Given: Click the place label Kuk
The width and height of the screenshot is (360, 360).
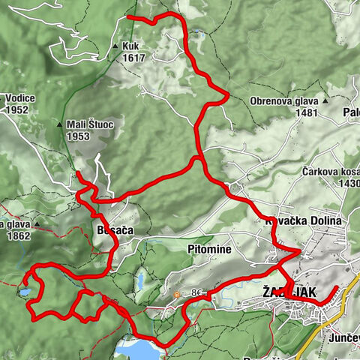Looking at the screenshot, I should [132, 46].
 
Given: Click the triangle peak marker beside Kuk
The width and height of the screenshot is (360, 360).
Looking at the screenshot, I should [115, 46].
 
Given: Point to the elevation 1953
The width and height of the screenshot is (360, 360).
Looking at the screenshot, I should [77, 136].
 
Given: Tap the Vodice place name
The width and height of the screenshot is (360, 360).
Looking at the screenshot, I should [19, 97].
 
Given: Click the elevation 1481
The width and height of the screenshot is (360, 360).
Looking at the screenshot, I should [307, 112].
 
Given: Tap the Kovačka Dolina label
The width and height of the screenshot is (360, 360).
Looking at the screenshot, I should [304, 221].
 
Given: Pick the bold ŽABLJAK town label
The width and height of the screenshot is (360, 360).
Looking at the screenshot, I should [288, 290].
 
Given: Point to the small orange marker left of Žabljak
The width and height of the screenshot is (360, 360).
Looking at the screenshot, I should [176, 295].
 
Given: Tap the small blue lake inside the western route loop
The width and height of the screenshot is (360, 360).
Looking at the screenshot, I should [25, 292].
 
